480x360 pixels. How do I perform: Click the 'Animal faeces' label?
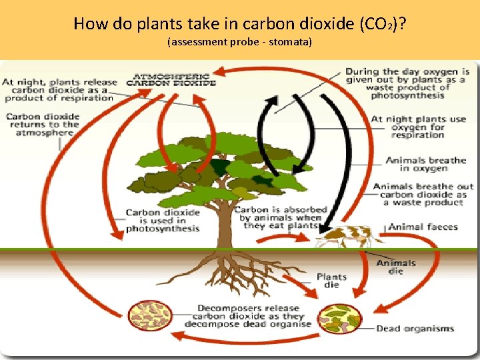tap(423, 227)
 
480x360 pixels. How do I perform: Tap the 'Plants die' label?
tap(331, 281)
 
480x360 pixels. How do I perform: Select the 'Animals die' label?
tap(396, 267)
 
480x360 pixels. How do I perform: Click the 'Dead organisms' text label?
tap(415, 328)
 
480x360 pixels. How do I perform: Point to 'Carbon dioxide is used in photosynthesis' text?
tap(163, 221)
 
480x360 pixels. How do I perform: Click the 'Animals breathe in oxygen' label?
tap(425, 164)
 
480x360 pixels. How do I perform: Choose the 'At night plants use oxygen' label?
tap(418, 127)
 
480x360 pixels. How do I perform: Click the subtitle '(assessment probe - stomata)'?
tap(240, 43)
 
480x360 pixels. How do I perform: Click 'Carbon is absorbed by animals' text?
tap(280, 217)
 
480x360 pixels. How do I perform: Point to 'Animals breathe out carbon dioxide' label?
tap(423, 194)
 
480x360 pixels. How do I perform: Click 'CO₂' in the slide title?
tap(377, 25)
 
